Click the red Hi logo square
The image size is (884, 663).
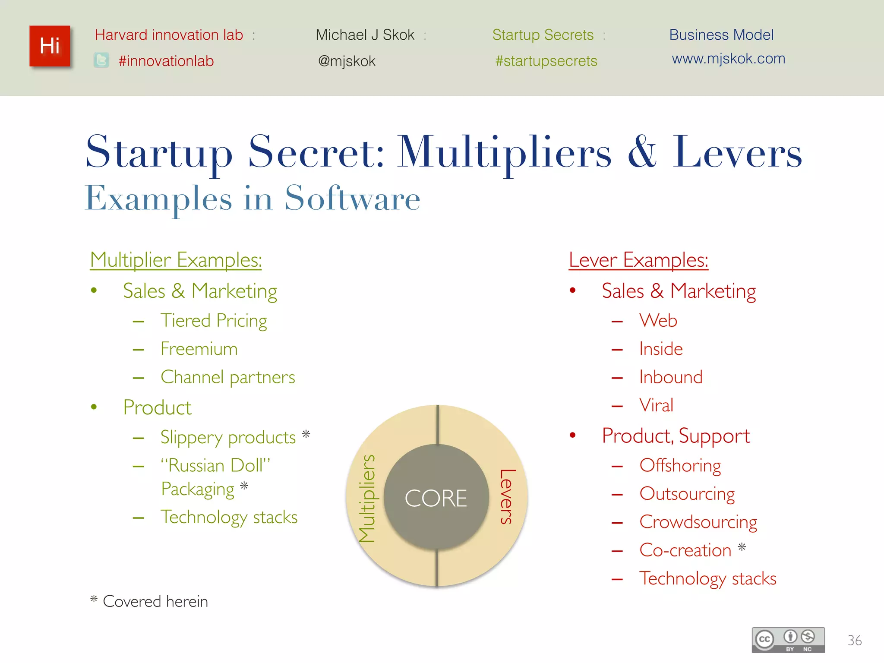tap(50, 46)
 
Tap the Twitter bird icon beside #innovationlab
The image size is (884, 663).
tap(101, 60)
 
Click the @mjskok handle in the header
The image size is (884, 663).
tap(347, 61)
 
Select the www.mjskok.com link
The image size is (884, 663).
tap(728, 59)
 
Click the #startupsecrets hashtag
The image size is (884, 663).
tap(546, 61)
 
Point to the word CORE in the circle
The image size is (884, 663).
tap(436, 498)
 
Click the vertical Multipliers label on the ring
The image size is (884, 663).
tap(367, 498)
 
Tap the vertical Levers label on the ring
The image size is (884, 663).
tap(507, 496)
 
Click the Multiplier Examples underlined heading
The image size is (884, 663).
tap(176, 260)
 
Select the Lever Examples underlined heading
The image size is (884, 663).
tap(638, 260)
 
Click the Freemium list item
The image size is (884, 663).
tap(199, 349)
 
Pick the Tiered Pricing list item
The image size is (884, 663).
tap(214, 321)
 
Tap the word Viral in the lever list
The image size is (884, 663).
tap(656, 405)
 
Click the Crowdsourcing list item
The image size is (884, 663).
tap(698, 522)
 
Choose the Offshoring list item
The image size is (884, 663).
tap(680, 465)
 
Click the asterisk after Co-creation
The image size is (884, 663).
tap(742, 547)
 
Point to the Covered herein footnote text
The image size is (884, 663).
tap(155, 601)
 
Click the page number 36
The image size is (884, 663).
tap(854, 640)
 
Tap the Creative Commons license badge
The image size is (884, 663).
tap(788, 640)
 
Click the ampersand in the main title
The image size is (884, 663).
tap(642, 152)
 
